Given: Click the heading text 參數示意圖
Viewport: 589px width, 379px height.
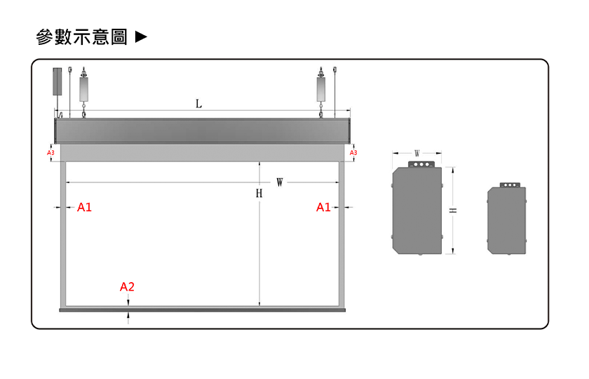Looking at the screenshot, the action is pyautogui.click(x=81, y=36).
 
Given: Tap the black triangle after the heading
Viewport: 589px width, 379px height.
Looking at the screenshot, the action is pyautogui.click(x=141, y=36).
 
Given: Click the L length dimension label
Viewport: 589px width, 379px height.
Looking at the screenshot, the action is pyautogui.click(x=198, y=103).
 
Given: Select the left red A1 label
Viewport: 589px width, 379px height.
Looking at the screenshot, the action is pyautogui.click(x=84, y=207).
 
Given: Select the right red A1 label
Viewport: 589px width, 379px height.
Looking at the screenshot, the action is pyautogui.click(x=323, y=207).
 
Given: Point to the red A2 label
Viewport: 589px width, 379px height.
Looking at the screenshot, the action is pyautogui.click(x=127, y=287).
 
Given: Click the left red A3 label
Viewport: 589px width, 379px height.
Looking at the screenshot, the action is pyautogui.click(x=50, y=153).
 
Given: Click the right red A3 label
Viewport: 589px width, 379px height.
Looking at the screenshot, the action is pyautogui.click(x=353, y=153).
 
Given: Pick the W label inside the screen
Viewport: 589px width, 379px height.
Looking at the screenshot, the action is pyautogui.click(x=280, y=182).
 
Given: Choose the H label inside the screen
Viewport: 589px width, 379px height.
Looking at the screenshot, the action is pyautogui.click(x=259, y=193).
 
